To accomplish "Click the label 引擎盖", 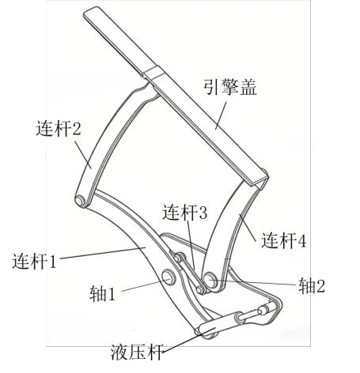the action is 230,87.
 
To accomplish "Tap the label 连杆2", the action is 59,128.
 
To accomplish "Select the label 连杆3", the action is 184,213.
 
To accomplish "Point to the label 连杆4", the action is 284,240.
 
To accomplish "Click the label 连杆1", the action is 34,261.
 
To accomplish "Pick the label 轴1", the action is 102,294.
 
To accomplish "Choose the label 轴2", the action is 312,285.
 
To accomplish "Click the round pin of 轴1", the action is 169,277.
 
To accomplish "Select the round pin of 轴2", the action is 210,281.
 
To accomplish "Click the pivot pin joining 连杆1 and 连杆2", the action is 80,201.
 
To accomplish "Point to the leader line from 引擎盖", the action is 222,116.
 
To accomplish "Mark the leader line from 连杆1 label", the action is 103,253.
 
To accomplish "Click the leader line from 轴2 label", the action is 256,282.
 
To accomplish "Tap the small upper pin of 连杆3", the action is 180,257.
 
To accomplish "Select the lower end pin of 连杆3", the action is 201,289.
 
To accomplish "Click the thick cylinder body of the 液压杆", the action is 219,322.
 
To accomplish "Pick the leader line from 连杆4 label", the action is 248,228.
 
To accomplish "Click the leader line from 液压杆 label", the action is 188,340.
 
